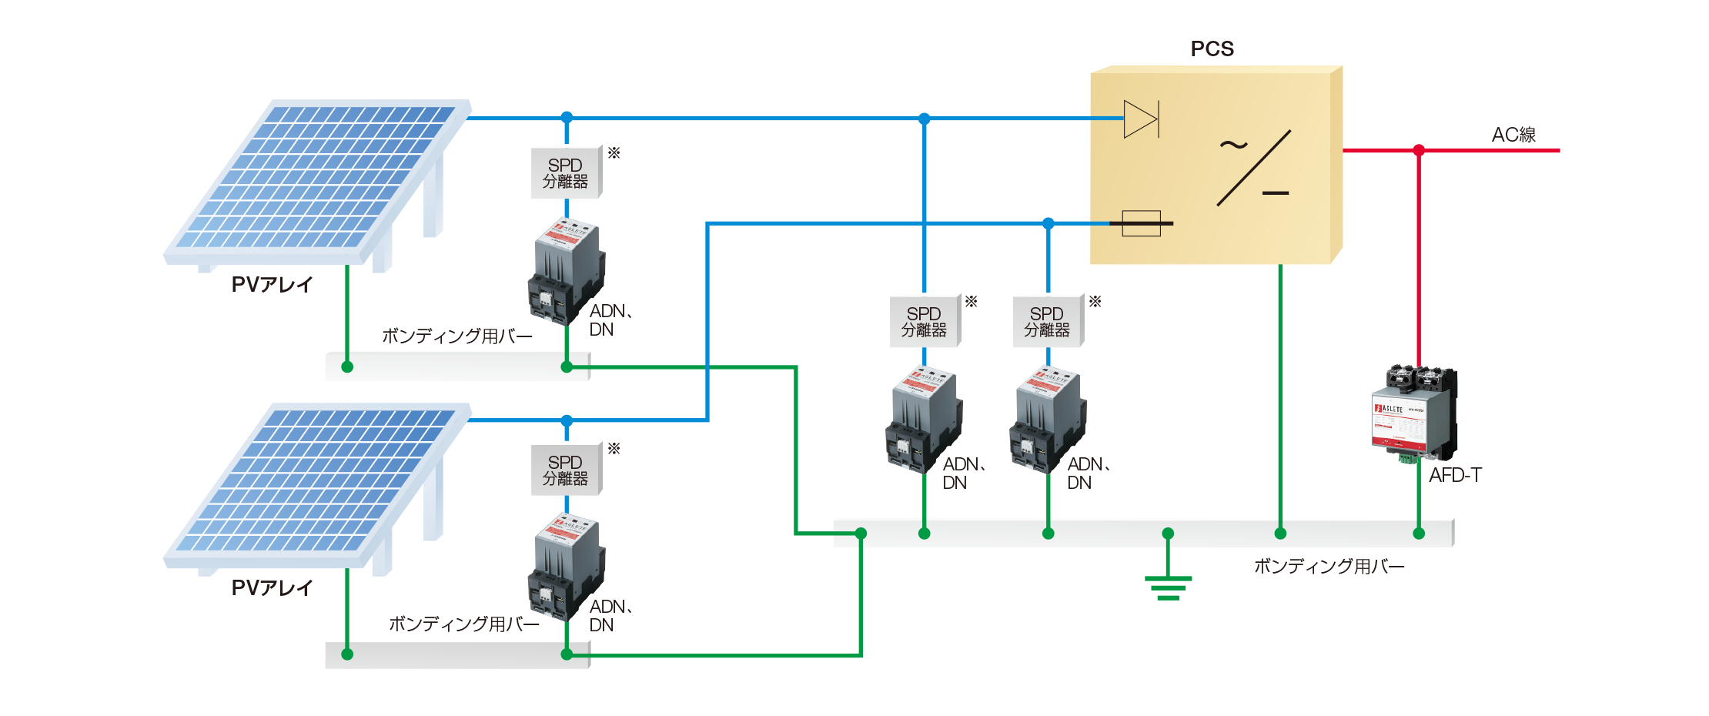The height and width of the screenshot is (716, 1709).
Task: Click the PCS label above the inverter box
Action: point(1212,49)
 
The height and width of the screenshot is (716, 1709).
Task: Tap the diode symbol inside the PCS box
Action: point(1141,119)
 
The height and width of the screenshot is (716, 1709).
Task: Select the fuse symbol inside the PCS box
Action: point(1141,223)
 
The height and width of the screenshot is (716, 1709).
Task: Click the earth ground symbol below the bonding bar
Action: point(1168,587)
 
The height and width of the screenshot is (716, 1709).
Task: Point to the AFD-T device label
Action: point(1455,476)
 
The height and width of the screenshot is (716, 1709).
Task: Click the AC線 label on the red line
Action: point(1513,135)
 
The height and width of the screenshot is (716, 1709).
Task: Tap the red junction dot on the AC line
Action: point(1419,150)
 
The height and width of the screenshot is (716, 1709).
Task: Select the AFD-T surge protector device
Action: point(1414,416)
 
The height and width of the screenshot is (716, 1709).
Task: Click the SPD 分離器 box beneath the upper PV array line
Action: point(567,172)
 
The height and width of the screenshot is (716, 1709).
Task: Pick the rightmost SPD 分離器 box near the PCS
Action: point(1047,321)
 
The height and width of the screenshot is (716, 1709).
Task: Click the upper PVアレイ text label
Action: point(272,285)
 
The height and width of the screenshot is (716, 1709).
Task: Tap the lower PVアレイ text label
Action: point(272,588)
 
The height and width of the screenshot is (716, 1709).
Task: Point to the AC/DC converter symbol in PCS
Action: point(1253,168)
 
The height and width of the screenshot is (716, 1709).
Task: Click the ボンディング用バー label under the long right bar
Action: point(1329,567)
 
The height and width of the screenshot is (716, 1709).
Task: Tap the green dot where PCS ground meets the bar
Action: point(1280,533)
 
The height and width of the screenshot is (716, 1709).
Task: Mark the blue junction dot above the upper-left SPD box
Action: point(567,117)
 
